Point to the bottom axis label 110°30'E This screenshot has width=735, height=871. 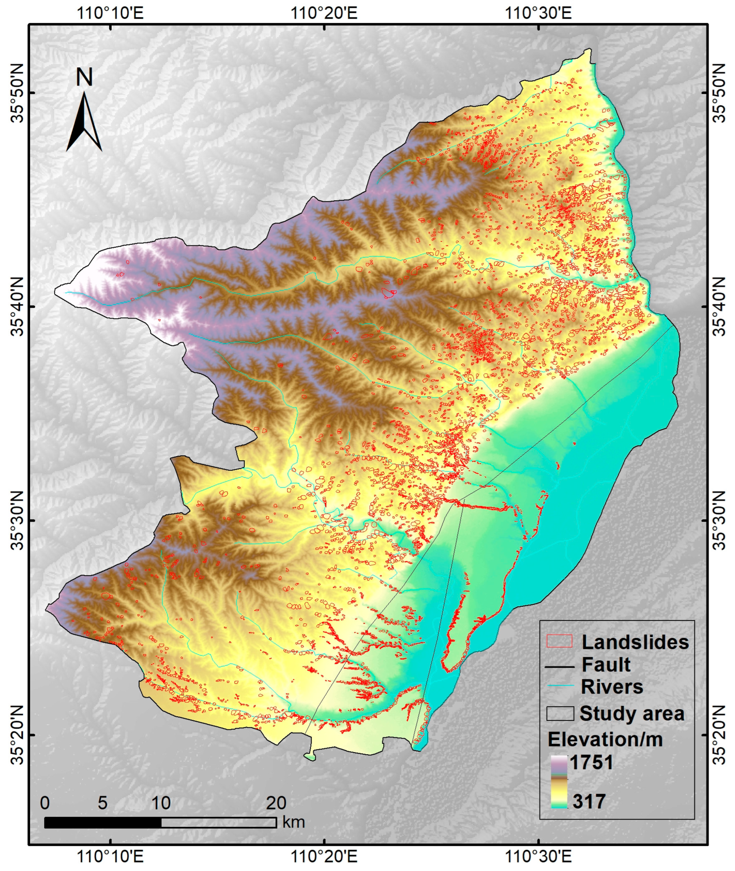[x=538, y=857]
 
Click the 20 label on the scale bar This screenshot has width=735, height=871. [x=276, y=803]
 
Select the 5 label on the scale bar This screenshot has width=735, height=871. [x=103, y=803]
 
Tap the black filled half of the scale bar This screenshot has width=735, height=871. [x=103, y=822]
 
